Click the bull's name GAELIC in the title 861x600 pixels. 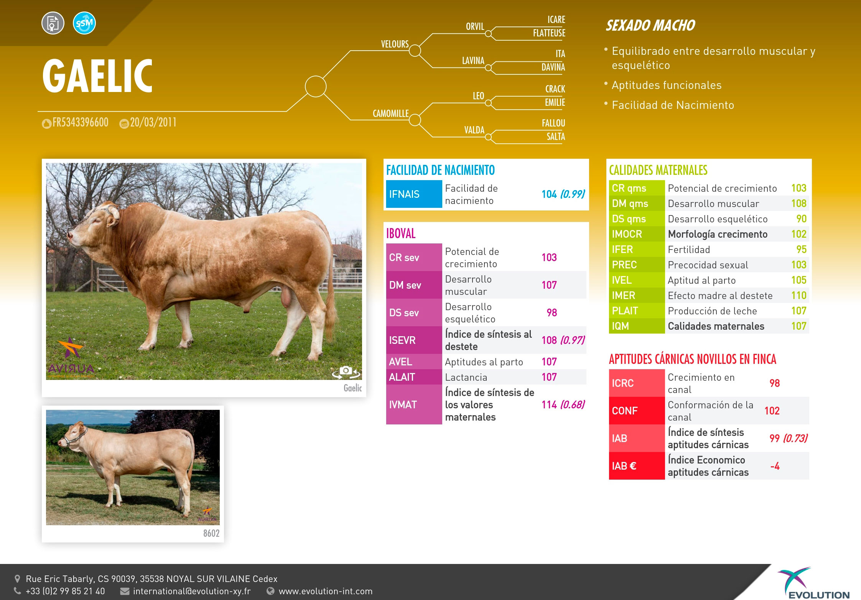point(97,76)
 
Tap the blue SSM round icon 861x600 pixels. point(84,23)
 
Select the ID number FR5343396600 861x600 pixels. point(81,123)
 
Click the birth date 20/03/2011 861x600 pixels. point(153,123)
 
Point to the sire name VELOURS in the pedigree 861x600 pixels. point(395,44)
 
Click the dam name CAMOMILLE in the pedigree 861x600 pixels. point(390,113)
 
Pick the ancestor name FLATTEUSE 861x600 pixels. point(549,33)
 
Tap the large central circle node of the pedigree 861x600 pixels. point(316,86)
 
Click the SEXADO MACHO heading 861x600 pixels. point(650,25)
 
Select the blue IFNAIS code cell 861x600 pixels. point(414,194)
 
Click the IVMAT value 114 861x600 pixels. point(549,404)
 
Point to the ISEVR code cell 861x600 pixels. point(414,340)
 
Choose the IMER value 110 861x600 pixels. point(799,296)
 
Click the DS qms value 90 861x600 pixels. point(802,219)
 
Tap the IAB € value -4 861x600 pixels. point(775,466)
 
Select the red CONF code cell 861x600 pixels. point(637,411)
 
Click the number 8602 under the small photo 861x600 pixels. point(211,533)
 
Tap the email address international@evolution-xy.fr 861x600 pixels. point(192,591)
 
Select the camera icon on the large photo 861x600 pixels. point(346,371)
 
